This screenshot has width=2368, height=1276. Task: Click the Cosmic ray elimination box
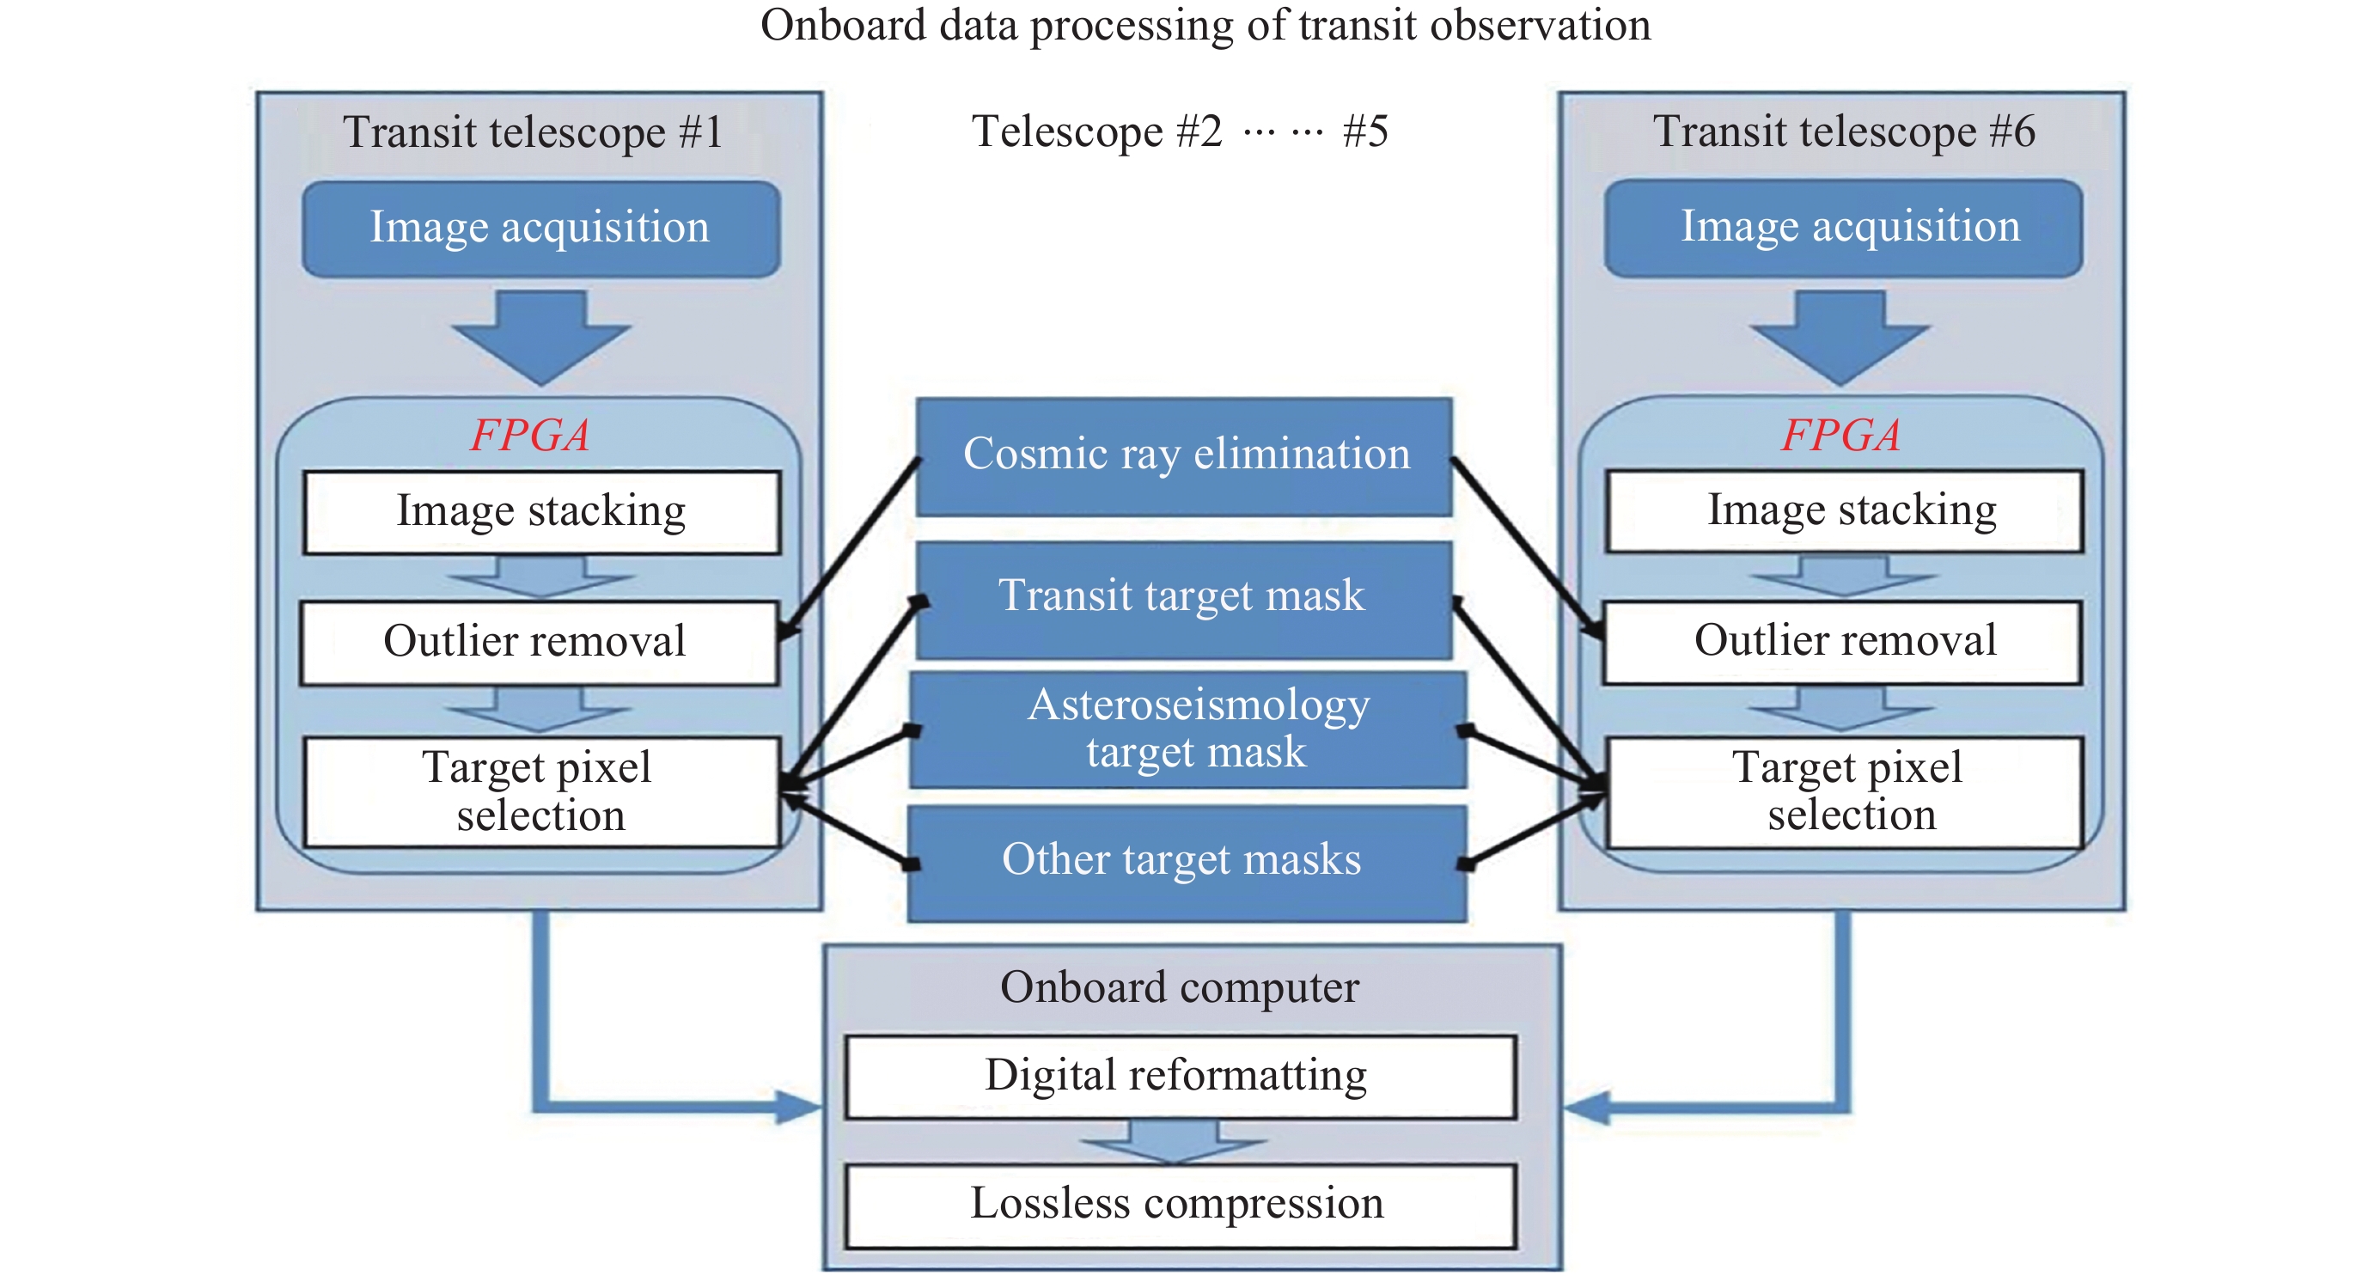pos(1184,456)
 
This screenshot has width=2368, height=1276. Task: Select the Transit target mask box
pos(1184,597)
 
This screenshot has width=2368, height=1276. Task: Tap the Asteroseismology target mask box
pos(1187,729)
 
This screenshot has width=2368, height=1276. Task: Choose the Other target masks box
pos(1186,863)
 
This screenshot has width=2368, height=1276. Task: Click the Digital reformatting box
pos(1181,1077)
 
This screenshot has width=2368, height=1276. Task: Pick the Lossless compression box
pos(1181,1206)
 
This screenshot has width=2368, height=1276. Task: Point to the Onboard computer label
pos(1181,988)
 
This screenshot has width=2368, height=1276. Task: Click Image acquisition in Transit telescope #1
pos(540,228)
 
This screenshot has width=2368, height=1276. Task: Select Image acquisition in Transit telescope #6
pos(1844,228)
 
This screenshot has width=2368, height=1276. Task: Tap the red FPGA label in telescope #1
pos(530,435)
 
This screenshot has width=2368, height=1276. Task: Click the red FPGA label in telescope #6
pos(1841,435)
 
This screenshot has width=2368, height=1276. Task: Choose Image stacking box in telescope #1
pos(541,512)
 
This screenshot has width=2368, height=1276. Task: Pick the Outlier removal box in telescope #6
pos(1843,642)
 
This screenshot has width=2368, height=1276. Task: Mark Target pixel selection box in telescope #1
pos(541,791)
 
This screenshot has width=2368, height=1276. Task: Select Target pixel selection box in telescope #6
pos(1845,791)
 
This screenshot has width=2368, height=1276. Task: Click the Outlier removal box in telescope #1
pos(540,643)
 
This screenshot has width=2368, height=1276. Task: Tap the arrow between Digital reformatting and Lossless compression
pos(1174,1141)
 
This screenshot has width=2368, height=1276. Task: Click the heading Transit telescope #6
pos(1844,131)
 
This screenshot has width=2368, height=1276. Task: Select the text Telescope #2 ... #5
pos(1181,131)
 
